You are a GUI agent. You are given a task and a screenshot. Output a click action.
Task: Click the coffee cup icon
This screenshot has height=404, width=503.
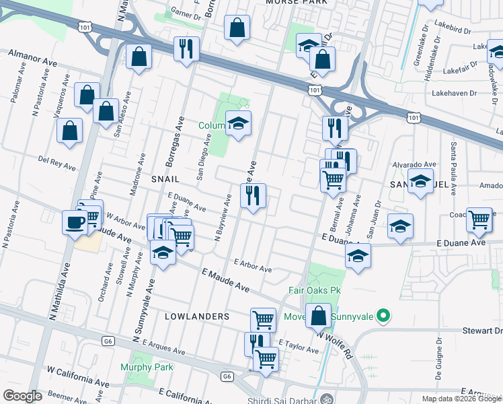click(x=73, y=222)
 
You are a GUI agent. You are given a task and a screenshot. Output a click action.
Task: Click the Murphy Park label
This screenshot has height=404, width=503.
click(x=147, y=367)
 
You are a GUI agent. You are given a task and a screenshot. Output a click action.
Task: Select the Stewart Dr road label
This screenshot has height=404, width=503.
click(x=482, y=331)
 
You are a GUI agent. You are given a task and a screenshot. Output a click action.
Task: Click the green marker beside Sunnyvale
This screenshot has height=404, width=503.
click(x=383, y=314)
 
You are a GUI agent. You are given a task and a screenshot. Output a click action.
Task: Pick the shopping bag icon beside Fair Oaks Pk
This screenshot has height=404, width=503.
click(x=319, y=314)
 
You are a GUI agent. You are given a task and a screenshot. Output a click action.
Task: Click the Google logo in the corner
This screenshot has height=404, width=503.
click(x=22, y=396)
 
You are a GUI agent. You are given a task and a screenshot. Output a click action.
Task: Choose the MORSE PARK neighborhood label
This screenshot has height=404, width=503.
click(x=297, y=3)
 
